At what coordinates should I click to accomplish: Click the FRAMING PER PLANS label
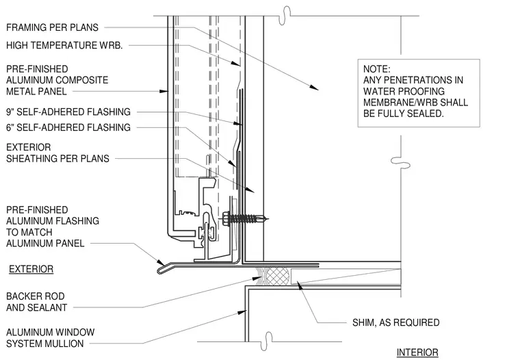(x=53, y=27)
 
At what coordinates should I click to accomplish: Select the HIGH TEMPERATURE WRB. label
(x=64, y=45)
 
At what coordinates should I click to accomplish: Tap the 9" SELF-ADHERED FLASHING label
(x=68, y=112)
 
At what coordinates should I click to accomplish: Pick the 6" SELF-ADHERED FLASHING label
(x=68, y=127)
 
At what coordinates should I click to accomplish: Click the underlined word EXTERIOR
(x=31, y=269)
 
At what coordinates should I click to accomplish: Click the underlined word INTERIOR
(x=417, y=352)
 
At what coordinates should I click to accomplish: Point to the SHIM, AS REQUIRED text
(x=396, y=322)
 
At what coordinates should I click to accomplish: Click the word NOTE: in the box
(x=377, y=69)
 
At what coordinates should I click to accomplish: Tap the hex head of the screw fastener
(x=226, y=218)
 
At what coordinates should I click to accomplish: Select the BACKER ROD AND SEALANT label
(x=36, y=302)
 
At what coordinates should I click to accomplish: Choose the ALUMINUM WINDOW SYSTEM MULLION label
(x=51, y=338)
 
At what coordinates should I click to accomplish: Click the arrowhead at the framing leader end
(x=314, y=87)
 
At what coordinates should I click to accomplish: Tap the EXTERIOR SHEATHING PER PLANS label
(x=57, y=153)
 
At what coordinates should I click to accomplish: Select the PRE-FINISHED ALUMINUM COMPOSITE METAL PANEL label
(x=57, y=80)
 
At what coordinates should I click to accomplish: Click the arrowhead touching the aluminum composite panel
(x=164, y=91)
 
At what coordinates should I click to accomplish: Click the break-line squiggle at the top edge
(x=285, y=16)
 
